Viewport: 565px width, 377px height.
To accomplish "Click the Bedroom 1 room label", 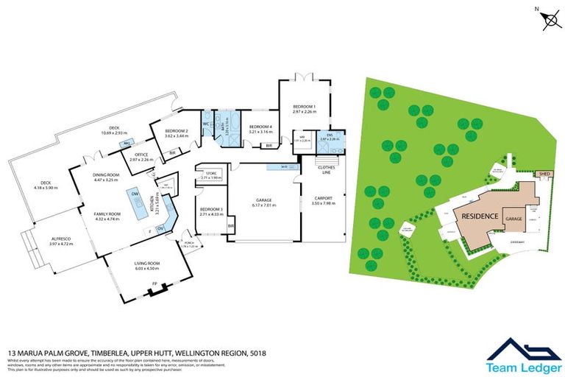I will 304,107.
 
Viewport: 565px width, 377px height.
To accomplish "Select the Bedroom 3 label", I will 211,210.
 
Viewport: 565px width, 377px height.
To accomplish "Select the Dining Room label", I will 105,175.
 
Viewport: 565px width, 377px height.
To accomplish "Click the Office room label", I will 141,155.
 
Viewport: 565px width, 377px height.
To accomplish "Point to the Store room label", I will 211,175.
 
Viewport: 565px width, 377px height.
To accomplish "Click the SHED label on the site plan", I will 545,175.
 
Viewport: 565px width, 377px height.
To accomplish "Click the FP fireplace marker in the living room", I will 154,284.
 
